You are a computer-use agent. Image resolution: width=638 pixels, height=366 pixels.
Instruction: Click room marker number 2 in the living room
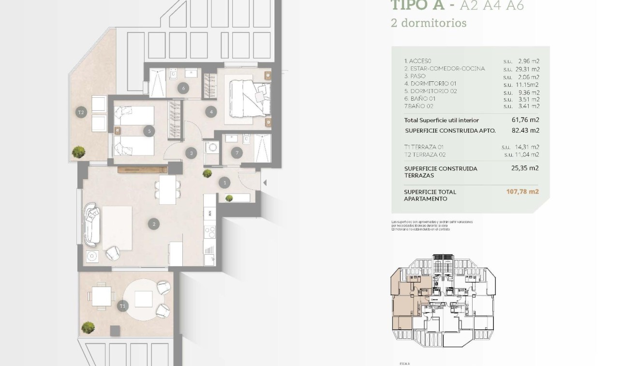154,224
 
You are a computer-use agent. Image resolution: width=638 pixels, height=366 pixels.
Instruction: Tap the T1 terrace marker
122,305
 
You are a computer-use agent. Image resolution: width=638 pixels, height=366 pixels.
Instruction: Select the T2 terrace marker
81,112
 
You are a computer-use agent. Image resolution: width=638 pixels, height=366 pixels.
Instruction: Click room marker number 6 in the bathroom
183,88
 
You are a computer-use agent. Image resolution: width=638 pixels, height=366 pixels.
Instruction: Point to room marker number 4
210,112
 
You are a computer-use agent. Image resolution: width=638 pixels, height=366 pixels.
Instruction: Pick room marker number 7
237,153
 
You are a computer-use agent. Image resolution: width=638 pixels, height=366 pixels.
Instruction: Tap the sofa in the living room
92,224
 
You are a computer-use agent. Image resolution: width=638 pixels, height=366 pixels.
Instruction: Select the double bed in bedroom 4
249,99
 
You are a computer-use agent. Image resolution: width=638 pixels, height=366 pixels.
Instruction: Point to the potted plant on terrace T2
78,152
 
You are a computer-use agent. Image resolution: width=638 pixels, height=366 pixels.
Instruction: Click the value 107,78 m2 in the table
522,192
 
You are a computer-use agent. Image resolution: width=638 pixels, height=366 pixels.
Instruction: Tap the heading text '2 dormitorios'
429,23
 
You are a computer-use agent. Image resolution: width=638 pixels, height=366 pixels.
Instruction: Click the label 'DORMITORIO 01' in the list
433,84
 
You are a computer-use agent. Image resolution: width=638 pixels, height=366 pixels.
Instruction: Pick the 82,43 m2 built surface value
525,130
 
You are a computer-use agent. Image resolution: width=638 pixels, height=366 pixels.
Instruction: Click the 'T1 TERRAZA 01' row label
424,147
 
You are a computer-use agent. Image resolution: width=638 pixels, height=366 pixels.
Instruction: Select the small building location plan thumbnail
443,300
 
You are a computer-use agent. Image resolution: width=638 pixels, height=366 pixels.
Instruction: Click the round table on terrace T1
144,299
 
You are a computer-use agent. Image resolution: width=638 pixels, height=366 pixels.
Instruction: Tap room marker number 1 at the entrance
224,183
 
